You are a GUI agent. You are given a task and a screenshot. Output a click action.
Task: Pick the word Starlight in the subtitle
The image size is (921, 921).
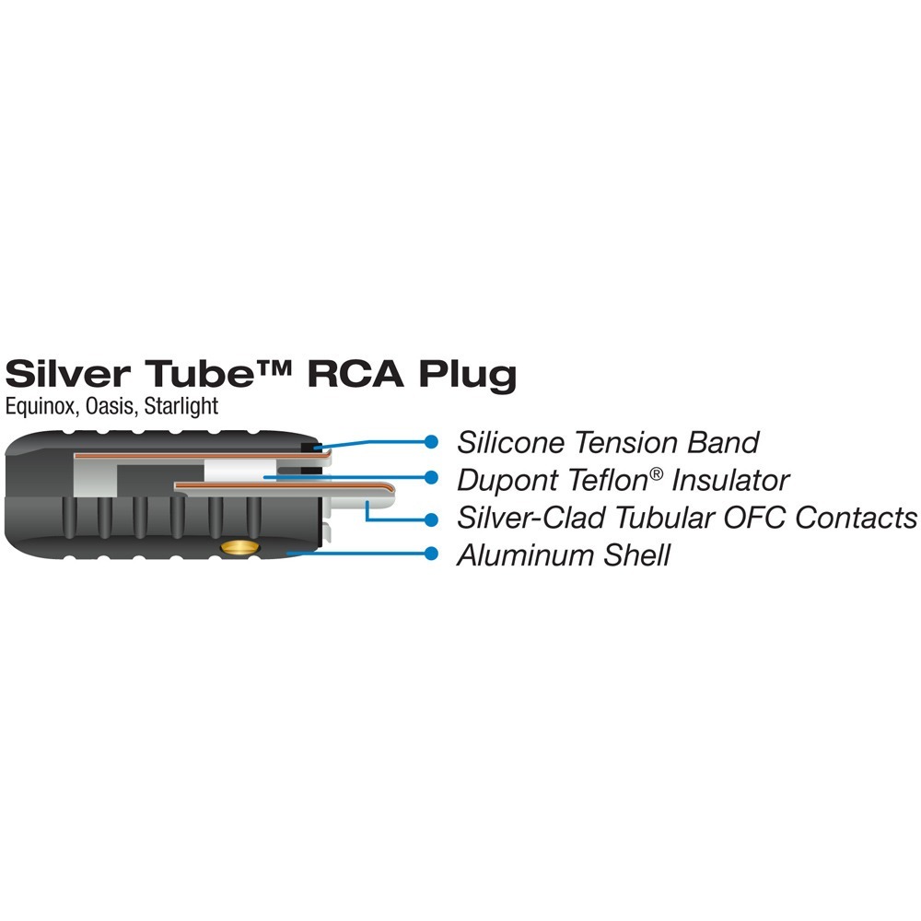pos(181,406)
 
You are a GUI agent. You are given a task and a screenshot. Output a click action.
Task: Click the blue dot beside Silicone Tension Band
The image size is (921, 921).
pos(431,441)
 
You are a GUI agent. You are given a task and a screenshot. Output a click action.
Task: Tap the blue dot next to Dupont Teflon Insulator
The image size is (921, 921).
pos(431,478)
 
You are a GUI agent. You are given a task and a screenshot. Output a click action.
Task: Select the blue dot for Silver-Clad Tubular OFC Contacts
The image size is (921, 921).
pos(431,517)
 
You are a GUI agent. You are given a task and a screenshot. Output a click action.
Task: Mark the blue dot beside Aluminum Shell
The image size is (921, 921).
pos(431,554)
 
